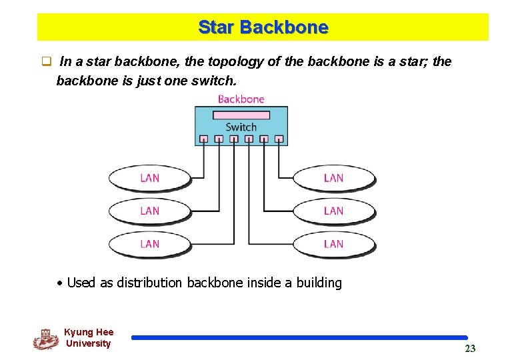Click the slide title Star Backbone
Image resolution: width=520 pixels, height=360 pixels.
[263, 27]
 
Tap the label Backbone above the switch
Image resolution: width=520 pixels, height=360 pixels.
[241, 99]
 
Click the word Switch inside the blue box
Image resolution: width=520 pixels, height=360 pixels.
[241, 127]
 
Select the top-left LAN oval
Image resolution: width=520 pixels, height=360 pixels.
[149, 178]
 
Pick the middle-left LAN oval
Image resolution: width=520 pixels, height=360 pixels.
[149, 211]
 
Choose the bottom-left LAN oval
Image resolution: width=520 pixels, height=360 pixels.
[149, 244]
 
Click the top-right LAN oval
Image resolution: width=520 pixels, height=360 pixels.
[333, 178]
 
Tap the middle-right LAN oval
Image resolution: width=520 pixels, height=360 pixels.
[333, 211]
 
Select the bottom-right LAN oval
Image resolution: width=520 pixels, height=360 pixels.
[333, 244]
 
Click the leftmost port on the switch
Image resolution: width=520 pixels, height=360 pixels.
[203, 139]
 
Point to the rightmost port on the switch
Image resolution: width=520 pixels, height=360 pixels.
[279, 139]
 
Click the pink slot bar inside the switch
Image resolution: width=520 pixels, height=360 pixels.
[241, 115]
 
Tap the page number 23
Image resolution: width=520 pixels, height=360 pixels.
[470, 349]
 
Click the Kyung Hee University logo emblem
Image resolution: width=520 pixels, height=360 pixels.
[45, 339]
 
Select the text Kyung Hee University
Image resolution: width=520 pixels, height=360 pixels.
[89, 338]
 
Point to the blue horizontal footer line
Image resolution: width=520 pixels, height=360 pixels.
[299, 338]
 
